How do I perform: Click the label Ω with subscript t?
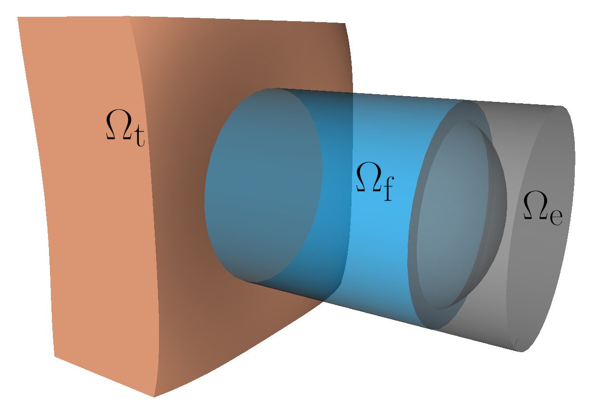point(124,126)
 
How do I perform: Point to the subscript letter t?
point(138,137)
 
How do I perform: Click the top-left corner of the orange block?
point(18,17)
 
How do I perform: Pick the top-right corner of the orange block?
point(345,24)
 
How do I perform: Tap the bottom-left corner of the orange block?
point(54,356)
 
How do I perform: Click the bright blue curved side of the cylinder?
point(379,240)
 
